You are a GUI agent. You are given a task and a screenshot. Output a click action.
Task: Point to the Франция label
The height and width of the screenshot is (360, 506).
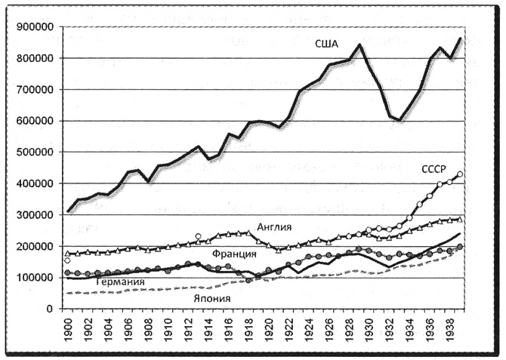(232, 254)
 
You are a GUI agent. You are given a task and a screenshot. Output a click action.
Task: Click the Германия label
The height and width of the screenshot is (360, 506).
(120, 283)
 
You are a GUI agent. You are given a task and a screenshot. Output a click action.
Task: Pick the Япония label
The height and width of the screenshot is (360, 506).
(211, 298)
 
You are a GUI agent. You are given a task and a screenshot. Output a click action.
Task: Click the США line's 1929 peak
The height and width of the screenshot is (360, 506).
(359, 45)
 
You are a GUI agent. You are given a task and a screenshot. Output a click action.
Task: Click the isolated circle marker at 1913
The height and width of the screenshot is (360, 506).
(199, 237)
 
